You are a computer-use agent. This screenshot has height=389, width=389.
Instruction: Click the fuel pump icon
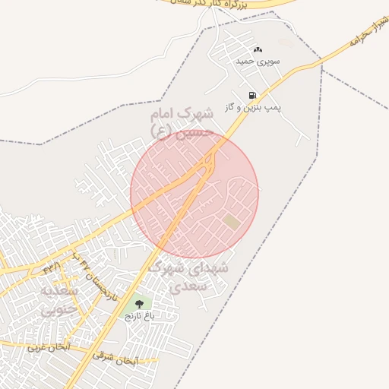(251, 95)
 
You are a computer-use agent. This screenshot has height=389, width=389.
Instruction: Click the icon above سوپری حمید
(257, 49)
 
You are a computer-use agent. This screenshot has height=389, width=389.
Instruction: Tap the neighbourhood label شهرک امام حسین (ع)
(181, 122)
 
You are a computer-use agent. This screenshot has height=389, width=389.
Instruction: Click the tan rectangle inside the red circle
(231, 221)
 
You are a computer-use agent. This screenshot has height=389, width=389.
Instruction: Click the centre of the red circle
(194, 194)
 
